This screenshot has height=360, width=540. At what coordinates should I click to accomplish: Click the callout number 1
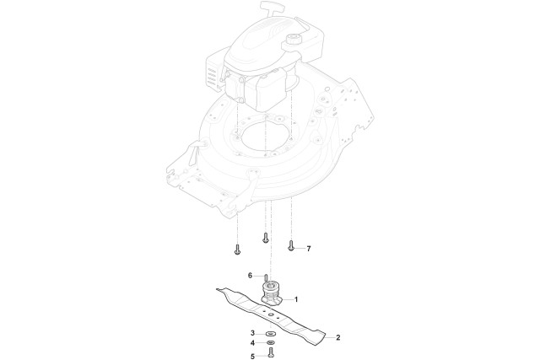pyautogui.click(x=296, y=299)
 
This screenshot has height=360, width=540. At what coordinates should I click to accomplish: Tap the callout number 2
pyautogui.click(x=338, y=337)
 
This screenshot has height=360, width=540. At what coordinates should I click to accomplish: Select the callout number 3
pyautogui.click(x=252, y=333)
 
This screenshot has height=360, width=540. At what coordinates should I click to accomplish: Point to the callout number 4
pyautogui.click(x=252, y=343)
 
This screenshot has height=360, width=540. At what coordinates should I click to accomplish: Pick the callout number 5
pyautogui.click(x=252, y=357)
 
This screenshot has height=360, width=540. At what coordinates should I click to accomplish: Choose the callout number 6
pyautogui.click(x=251, y=276)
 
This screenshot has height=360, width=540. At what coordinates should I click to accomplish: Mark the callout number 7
pyautogui.click(x=309, y=249)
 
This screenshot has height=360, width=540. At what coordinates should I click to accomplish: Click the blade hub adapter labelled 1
pyautogui.click(x=272, y=293)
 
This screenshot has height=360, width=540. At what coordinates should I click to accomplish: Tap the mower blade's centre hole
pyautogui.click(x=271, y=314)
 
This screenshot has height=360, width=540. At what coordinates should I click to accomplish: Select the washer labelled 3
pyautogui.click(x=271, y=334)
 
